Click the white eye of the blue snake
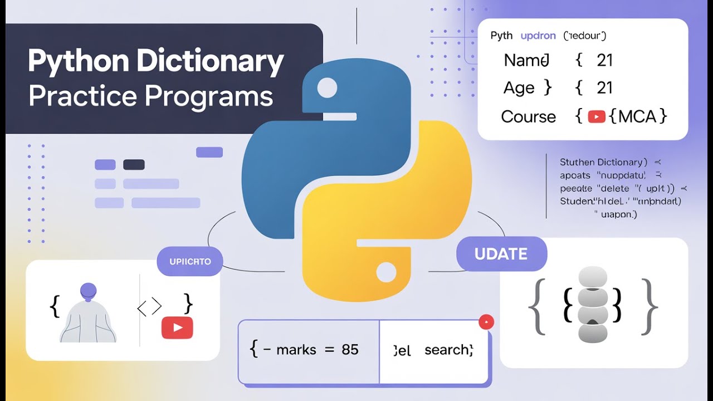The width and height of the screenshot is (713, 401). [x=327, y=87]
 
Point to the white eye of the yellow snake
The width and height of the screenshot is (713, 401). [x=385, y=272]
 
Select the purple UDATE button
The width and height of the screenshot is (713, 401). [x=501, y=254]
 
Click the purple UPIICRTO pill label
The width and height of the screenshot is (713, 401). [x=190, y=261]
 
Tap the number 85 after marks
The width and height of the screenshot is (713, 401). [x=350, y=350]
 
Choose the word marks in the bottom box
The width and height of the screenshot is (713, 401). [x=296, y=350]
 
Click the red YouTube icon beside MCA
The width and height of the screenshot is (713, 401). [x=597, y=117]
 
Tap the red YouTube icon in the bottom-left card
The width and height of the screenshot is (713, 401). [x=177, y=327]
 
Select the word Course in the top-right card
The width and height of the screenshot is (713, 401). [x=528, y=117]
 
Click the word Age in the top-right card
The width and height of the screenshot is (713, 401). [x=519, y=88]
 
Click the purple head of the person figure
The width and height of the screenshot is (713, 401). [x=89, y=291]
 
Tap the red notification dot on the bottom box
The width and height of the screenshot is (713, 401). [x=486, y=322]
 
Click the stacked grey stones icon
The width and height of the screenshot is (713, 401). [x=593, y=304]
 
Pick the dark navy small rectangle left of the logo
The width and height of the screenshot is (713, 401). [x=134, y=164]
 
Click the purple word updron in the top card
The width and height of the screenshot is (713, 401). [x=538, y=36]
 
